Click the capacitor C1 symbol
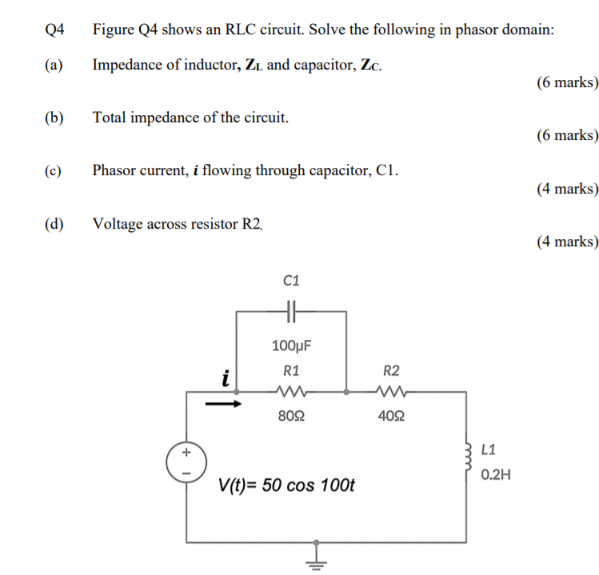[291, 313]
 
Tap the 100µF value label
[291, 345]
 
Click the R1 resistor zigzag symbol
[291, 393]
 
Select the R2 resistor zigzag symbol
[391, 393]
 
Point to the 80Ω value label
[291, 416]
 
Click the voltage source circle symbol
[186, 462]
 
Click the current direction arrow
[223, 402]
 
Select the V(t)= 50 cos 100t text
[286, 485]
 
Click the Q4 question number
[54, 30]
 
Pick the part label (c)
[54, 170]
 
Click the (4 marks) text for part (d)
[568, 242]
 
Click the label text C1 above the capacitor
[291, 280]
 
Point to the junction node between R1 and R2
[345, 393]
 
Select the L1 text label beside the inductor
[490, 449]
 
